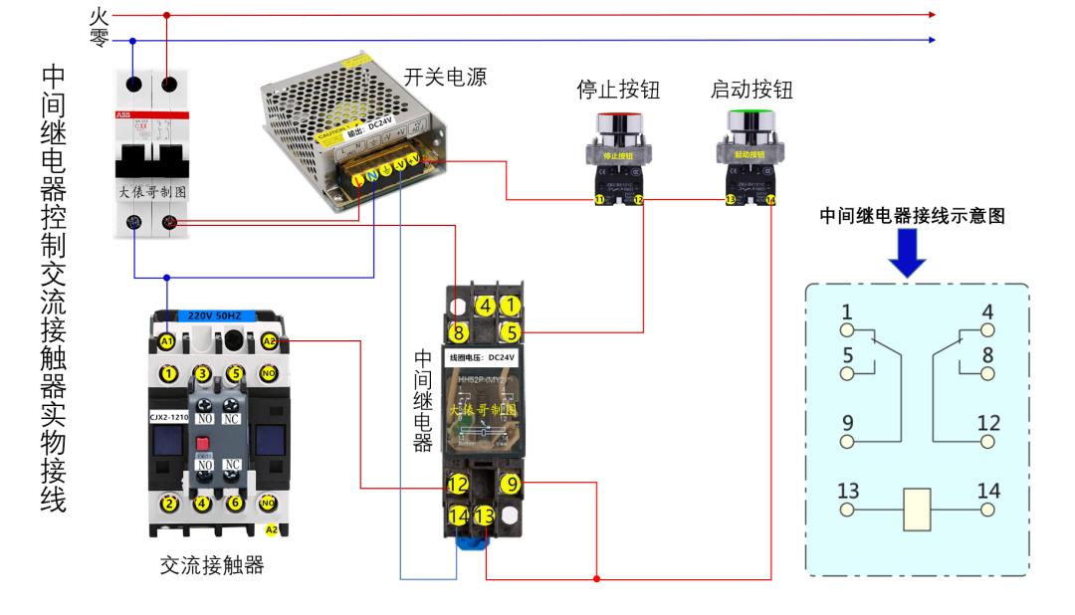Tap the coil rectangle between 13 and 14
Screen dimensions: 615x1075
916,509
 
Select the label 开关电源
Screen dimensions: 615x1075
445,77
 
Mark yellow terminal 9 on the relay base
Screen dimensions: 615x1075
509,485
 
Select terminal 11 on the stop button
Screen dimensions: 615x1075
599,200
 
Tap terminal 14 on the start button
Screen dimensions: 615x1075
769,200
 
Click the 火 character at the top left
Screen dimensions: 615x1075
98,15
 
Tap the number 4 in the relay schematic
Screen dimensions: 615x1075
986,310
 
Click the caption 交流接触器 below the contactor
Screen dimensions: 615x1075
212,565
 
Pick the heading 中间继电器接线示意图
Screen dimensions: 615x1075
914,215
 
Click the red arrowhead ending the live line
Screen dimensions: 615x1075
932,15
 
